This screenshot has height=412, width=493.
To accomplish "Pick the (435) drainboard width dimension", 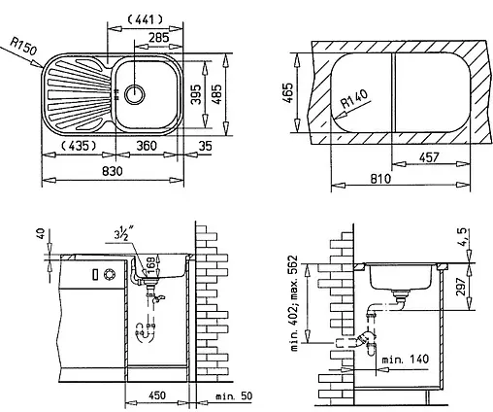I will (x=76, y=146).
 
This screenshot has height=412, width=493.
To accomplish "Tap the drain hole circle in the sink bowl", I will (x=133, y=94).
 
